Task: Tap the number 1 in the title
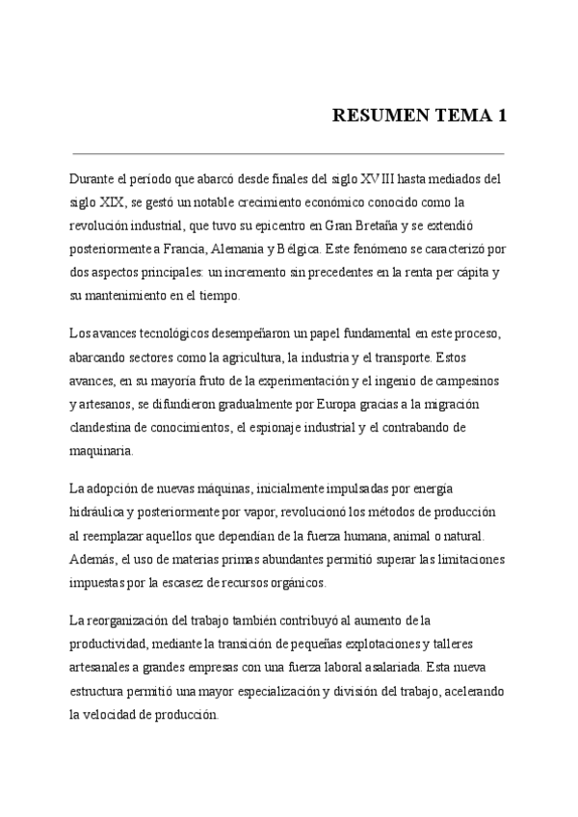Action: (x=501, y=117)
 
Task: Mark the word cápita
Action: (x=464, y=273)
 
